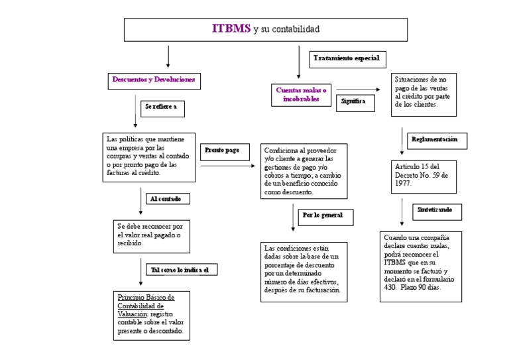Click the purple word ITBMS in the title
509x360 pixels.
[231, 29]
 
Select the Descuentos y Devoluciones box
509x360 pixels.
[153, 80]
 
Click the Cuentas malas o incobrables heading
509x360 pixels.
[302, 94]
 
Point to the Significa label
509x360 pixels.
[353, 101]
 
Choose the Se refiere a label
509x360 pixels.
[160, 105]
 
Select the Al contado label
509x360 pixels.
[166, 198]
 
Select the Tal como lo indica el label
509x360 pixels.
[181, 270]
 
